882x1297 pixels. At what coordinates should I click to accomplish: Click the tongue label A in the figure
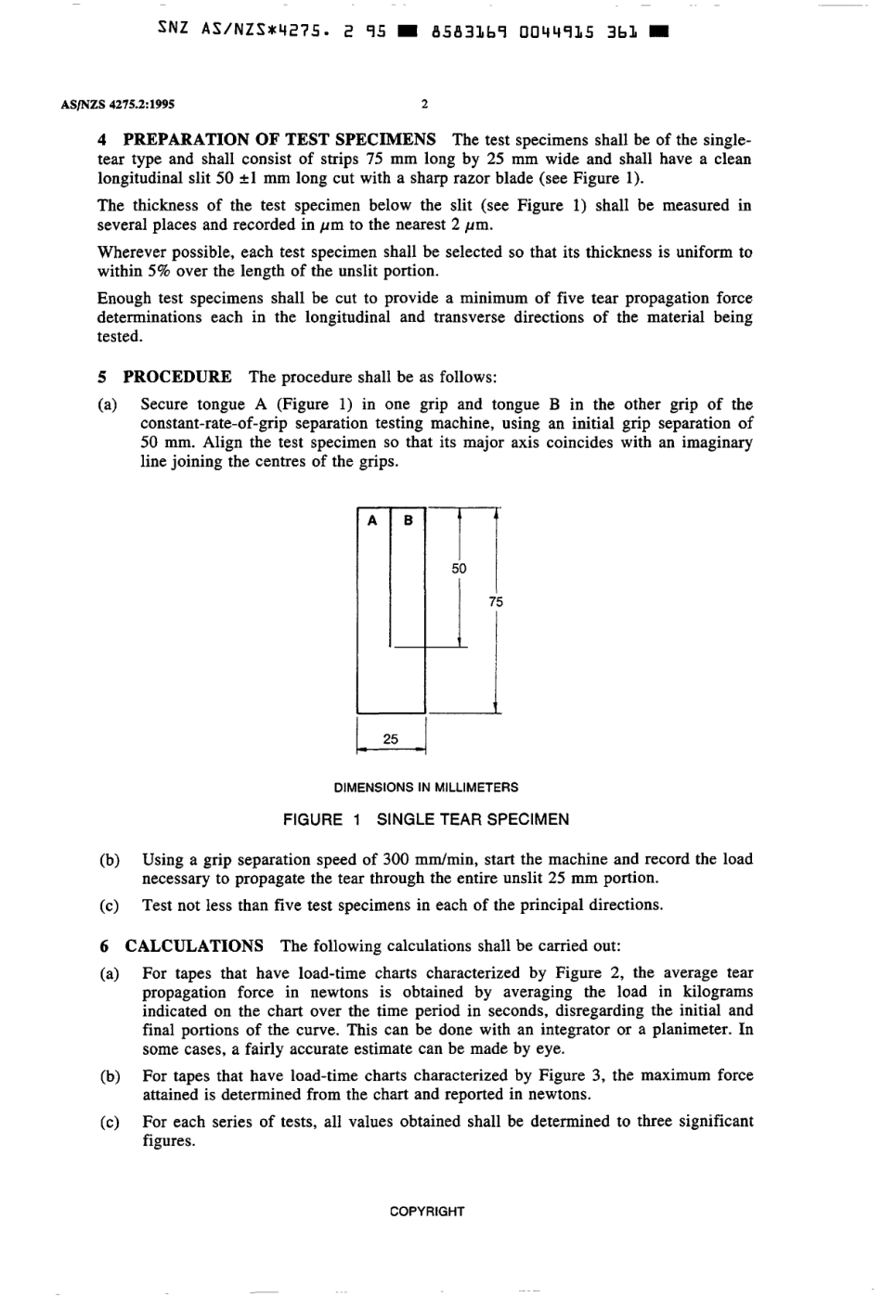tap(372, 520)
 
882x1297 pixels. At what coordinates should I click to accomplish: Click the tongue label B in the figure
tap(408, 520)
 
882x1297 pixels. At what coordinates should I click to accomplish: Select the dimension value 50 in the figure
tap(460, 569)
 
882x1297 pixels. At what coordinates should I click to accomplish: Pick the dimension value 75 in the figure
tap(496, 602)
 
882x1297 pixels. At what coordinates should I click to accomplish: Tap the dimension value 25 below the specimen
tap(391, 739)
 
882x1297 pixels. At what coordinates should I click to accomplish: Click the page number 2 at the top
tap(424, 105)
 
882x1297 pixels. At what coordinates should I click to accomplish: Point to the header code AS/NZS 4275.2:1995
tap(118, 105)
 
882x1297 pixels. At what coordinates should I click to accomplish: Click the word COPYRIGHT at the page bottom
tap(427, 1211)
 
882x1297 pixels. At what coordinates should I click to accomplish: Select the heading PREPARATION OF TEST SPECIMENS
tap(279, 140)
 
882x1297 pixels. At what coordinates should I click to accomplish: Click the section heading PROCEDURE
tap(177, 377)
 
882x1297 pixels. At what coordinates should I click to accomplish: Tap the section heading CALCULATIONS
tap(194, 946)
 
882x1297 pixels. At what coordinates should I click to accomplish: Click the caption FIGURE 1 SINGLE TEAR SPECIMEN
tap(426, 819)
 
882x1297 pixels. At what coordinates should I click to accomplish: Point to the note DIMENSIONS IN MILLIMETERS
tap(426, 788)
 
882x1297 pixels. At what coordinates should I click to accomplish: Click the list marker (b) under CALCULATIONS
tap(110, 1076)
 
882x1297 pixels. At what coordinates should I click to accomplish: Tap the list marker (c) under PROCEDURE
tap(110, 905)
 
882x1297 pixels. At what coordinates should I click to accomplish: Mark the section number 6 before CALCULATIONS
tap(104, 946)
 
